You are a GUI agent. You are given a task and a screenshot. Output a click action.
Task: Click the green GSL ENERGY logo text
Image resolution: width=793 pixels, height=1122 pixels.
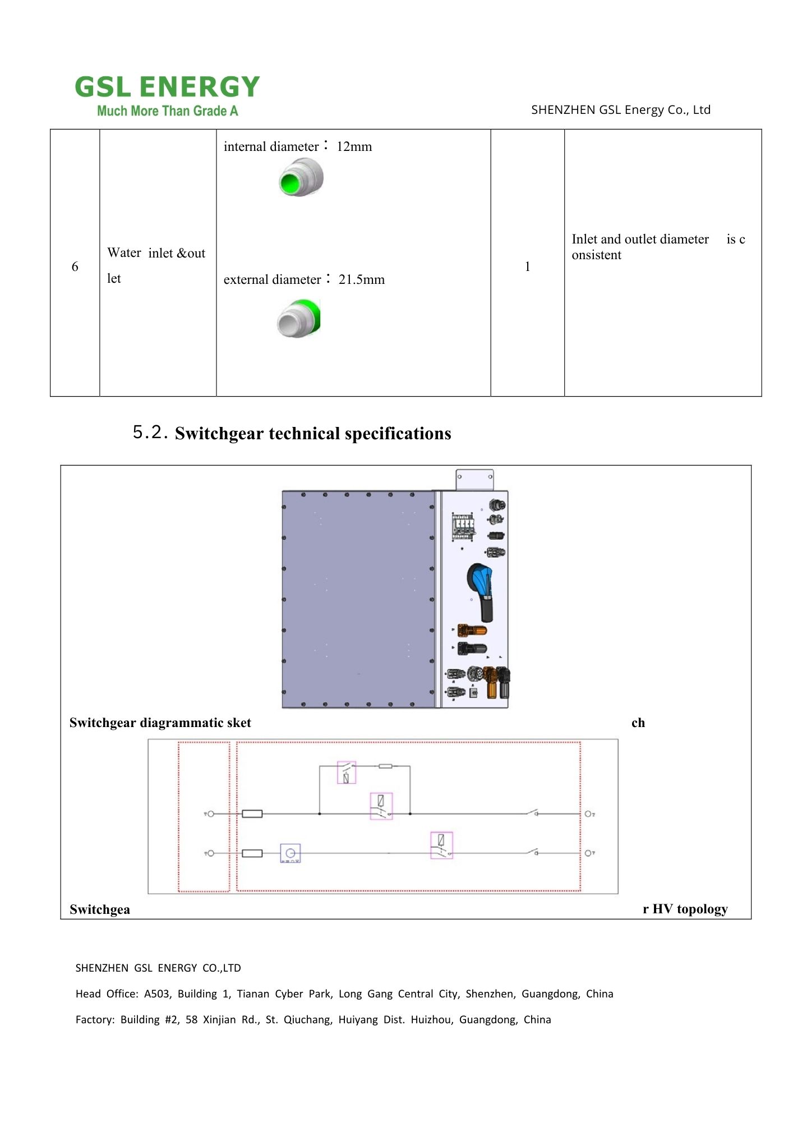coord(167,88)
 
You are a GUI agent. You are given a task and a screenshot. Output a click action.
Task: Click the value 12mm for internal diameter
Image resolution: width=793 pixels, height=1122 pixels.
coord(354,147)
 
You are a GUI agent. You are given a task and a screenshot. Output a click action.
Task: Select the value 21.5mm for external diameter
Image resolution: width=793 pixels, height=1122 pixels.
coord(361,280)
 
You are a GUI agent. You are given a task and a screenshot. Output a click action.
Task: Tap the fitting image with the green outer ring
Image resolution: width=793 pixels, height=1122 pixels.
coord(298,318)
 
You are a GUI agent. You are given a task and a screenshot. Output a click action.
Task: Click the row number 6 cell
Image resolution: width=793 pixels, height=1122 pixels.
coord(75,267)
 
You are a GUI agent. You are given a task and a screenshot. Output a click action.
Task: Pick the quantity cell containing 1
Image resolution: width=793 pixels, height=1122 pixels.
coord(527,267)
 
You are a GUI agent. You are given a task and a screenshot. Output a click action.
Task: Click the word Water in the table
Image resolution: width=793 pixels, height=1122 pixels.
coord(124,253)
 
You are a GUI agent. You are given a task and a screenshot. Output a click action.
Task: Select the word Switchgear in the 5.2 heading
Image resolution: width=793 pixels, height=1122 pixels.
coord(219,434)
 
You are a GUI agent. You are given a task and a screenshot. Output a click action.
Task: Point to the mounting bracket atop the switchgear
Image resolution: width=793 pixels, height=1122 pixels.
coord(474,480)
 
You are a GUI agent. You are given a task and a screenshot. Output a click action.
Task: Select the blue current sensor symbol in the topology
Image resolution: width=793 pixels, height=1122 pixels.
coord(290,853)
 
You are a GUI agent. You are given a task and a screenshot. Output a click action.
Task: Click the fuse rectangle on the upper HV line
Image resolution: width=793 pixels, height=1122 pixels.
coord(252,814)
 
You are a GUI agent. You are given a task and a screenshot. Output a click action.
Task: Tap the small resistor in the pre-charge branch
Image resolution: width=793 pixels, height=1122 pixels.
coord(385,766)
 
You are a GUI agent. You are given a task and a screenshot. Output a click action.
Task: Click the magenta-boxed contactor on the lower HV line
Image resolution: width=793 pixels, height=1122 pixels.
coord(441,845)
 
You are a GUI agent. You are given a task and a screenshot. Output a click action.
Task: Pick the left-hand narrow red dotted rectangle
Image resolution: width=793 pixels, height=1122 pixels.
coord(204,817)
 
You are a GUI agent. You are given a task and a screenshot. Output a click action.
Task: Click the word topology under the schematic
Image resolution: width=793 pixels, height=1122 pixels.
coord(702,909)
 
